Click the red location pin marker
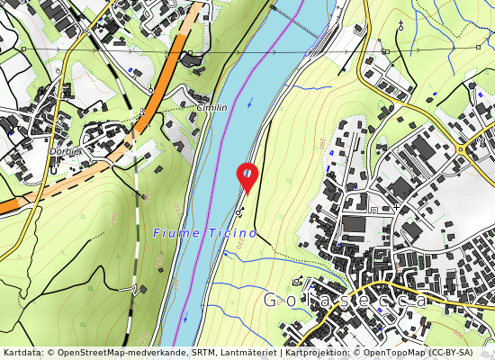(247, 176)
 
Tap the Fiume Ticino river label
(205, 232)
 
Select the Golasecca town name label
(346, 301)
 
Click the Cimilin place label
(211, 107)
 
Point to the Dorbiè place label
(66, 151)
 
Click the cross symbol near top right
(400, 26)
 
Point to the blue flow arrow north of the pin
(251, 100)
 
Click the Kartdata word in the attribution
(22, 353)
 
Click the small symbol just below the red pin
(239, 211)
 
